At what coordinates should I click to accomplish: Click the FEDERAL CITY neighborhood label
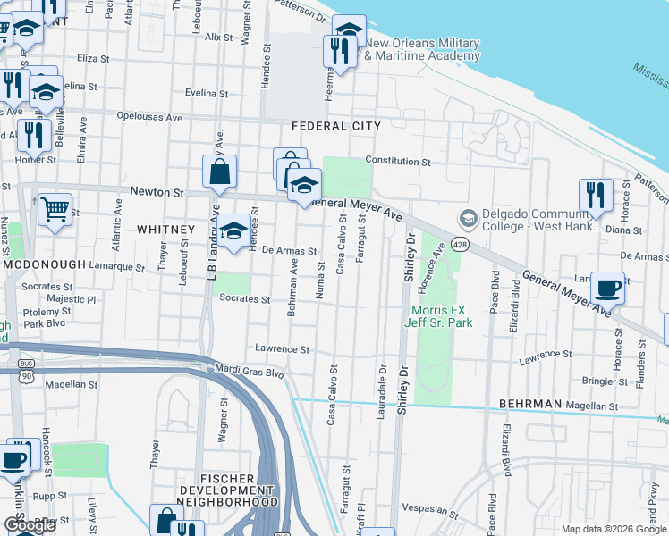tap(334, 126)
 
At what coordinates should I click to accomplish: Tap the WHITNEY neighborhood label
tap(165, 230)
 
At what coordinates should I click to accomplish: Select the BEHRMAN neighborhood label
tap(530, 404)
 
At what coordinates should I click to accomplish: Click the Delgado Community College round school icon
tap(467, 218)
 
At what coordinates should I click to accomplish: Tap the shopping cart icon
tap(55, 210)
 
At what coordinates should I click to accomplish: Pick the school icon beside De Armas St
tap(233, 230)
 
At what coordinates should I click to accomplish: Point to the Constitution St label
tap(398, 163)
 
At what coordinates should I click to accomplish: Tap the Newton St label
tap(157, 192)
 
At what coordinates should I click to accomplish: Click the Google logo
tap(30, 526)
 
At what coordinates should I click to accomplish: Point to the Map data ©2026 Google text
tap(613, 529)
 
